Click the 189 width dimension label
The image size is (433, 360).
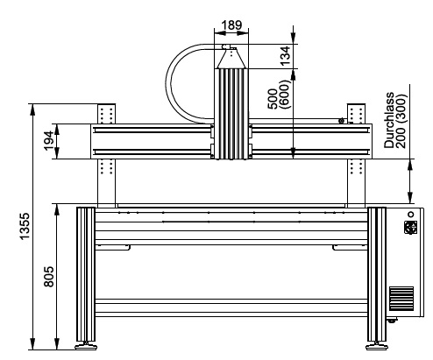[x=231, y=25]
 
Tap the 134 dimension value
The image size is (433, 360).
[x=285, y=55]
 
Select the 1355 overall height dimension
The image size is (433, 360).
[x=25, y=226]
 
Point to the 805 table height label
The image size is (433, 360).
[x=49, y=276]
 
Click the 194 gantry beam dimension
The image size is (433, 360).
[x=49, y=141]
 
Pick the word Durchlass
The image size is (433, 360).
[x=389, y=120]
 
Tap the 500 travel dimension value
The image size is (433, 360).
[x=273, y=99]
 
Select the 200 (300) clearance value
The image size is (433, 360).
[x=401, y=121]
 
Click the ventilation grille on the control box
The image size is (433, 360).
[x=401, y=298]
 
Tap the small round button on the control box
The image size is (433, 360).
[x=411, y=215]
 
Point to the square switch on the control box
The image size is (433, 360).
[x=410, y=227]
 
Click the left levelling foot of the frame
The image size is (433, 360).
[x=86, y=346]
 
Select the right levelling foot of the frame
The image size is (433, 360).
[x=377, y=346]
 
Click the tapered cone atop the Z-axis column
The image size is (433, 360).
[x=231, y=59]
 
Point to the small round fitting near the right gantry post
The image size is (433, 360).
[x=341, y=121]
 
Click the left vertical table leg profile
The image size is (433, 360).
[x=86, y=274]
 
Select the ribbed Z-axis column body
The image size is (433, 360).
[x=231, y=114]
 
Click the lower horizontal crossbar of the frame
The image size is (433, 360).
[x=231, y=307]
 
